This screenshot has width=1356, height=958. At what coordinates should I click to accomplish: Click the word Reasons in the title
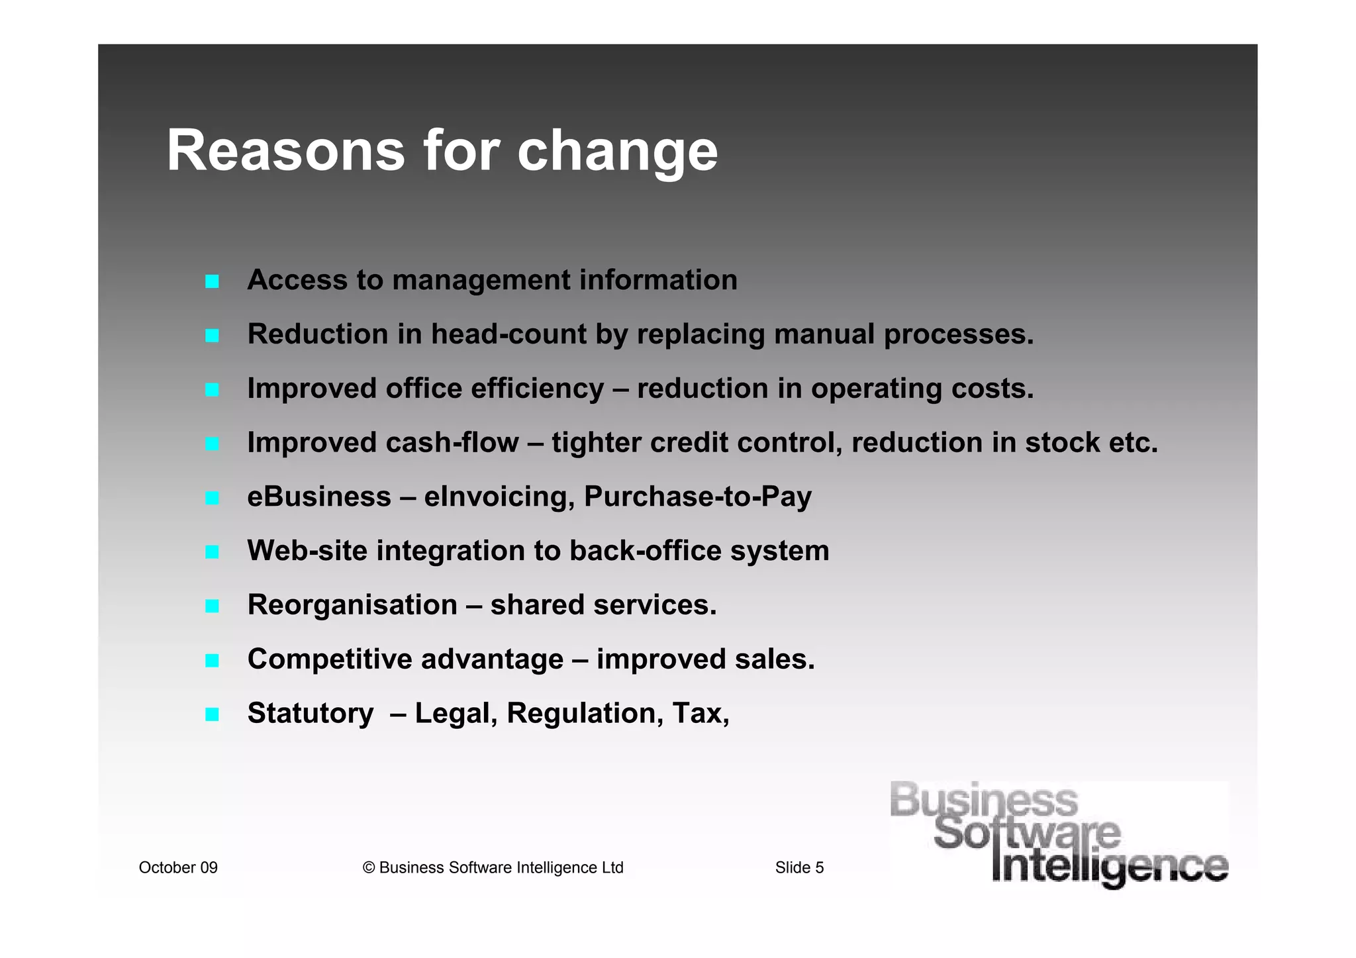click(285, 151)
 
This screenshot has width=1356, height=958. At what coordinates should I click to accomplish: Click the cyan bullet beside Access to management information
click(212, 281)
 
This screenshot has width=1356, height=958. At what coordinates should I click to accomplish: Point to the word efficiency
click(537, 389)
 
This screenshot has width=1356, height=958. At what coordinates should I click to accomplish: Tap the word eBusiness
click(319, 497)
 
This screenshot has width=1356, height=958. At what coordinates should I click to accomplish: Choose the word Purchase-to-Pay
click(697, 497)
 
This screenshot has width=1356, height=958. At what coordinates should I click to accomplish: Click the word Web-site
click(307, 551)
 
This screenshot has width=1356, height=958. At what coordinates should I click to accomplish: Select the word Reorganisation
click(352, 605)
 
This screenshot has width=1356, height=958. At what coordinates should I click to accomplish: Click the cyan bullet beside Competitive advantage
click(212, 660)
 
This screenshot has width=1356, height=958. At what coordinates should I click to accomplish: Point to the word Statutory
click(311, 714)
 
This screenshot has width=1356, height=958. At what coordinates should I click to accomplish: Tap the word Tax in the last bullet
click(696, 713)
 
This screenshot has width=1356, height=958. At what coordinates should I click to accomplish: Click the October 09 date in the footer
click(178, 867)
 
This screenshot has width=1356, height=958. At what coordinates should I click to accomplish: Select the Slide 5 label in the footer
click(799, 867)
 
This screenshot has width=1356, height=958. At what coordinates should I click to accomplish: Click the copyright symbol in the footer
click(369, 868)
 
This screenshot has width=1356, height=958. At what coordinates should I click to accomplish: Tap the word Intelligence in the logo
click(1110, 867)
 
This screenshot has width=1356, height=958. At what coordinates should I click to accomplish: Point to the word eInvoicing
click(499, 497)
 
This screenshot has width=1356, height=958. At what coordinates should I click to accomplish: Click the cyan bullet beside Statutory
click(212, 714)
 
